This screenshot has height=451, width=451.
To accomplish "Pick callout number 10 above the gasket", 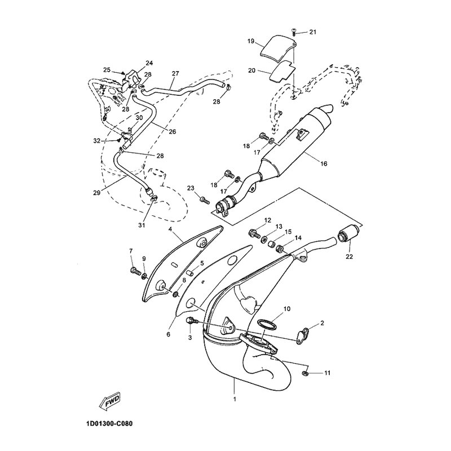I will pos(287,309).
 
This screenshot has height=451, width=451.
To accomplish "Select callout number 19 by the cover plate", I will pos(251,42).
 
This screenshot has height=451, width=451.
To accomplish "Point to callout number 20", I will pos(251,71).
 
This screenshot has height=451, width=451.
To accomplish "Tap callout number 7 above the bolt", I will pos(131,251).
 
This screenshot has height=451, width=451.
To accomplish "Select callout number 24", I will pos(149,63).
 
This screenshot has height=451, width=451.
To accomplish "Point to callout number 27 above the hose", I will pos(175,74).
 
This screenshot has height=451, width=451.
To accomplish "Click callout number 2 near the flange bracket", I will pos(322,324).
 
